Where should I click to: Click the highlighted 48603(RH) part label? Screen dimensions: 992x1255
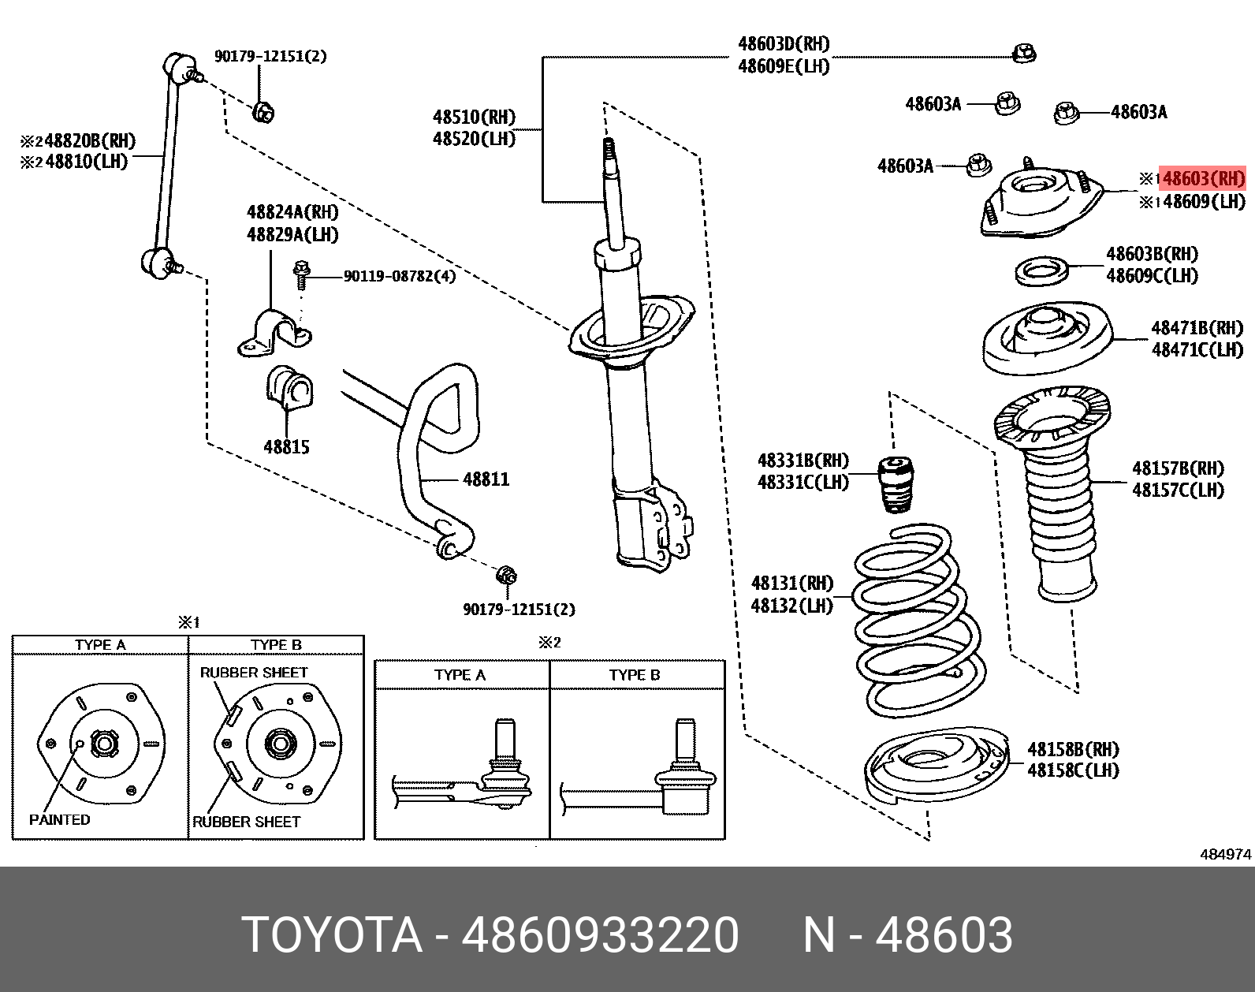click(1203, 179)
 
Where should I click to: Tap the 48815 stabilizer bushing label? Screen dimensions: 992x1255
click(286, 447)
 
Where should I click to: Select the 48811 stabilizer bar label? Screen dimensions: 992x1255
click(486, 479)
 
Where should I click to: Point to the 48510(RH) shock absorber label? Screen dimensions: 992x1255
click(473, 117)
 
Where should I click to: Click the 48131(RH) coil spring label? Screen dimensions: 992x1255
click(791, 584)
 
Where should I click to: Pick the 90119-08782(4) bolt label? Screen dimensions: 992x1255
click(399, 276)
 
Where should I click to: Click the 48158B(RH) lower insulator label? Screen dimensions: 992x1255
click(1073, 749)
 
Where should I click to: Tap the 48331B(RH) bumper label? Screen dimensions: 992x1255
click(803, 461)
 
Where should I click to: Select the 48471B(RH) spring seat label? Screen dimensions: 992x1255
click(1197, 328)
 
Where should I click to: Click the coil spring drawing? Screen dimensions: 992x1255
click(918, 623)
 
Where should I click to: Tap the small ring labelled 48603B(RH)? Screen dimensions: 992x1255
click(1041, 272)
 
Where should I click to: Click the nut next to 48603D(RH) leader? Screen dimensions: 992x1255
click(1024, 54)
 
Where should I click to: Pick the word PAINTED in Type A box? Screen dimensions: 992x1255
click(60, 820)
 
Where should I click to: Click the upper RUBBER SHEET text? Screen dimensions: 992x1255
click(253, 673)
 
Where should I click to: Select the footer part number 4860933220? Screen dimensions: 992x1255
click(600, 935)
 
